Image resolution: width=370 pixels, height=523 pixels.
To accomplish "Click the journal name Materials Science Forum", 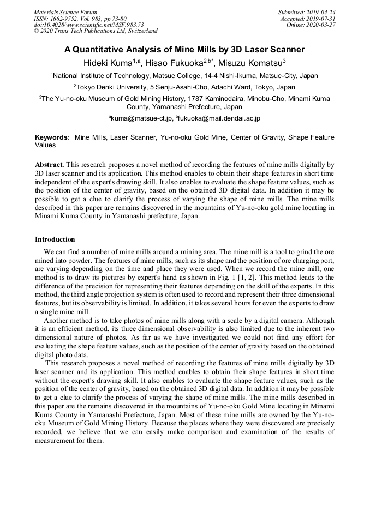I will [65, 12].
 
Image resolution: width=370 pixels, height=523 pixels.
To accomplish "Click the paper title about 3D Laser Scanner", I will [184, 50].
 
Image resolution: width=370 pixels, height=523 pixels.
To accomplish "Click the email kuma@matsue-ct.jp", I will [141, 118].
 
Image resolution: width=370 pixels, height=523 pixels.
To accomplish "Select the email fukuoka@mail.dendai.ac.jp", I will [218, 118].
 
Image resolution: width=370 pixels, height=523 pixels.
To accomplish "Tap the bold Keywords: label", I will [52, 137].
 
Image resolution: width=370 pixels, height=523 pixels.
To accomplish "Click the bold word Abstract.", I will [50, 164].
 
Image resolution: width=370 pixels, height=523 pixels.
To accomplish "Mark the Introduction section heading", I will [55, 239].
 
